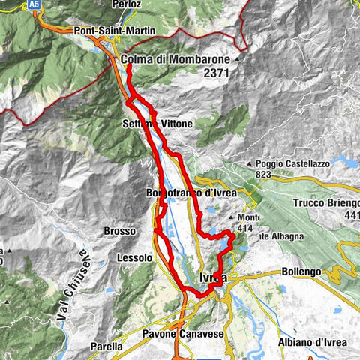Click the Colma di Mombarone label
coord(176,59)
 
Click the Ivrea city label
coord(214,278)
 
